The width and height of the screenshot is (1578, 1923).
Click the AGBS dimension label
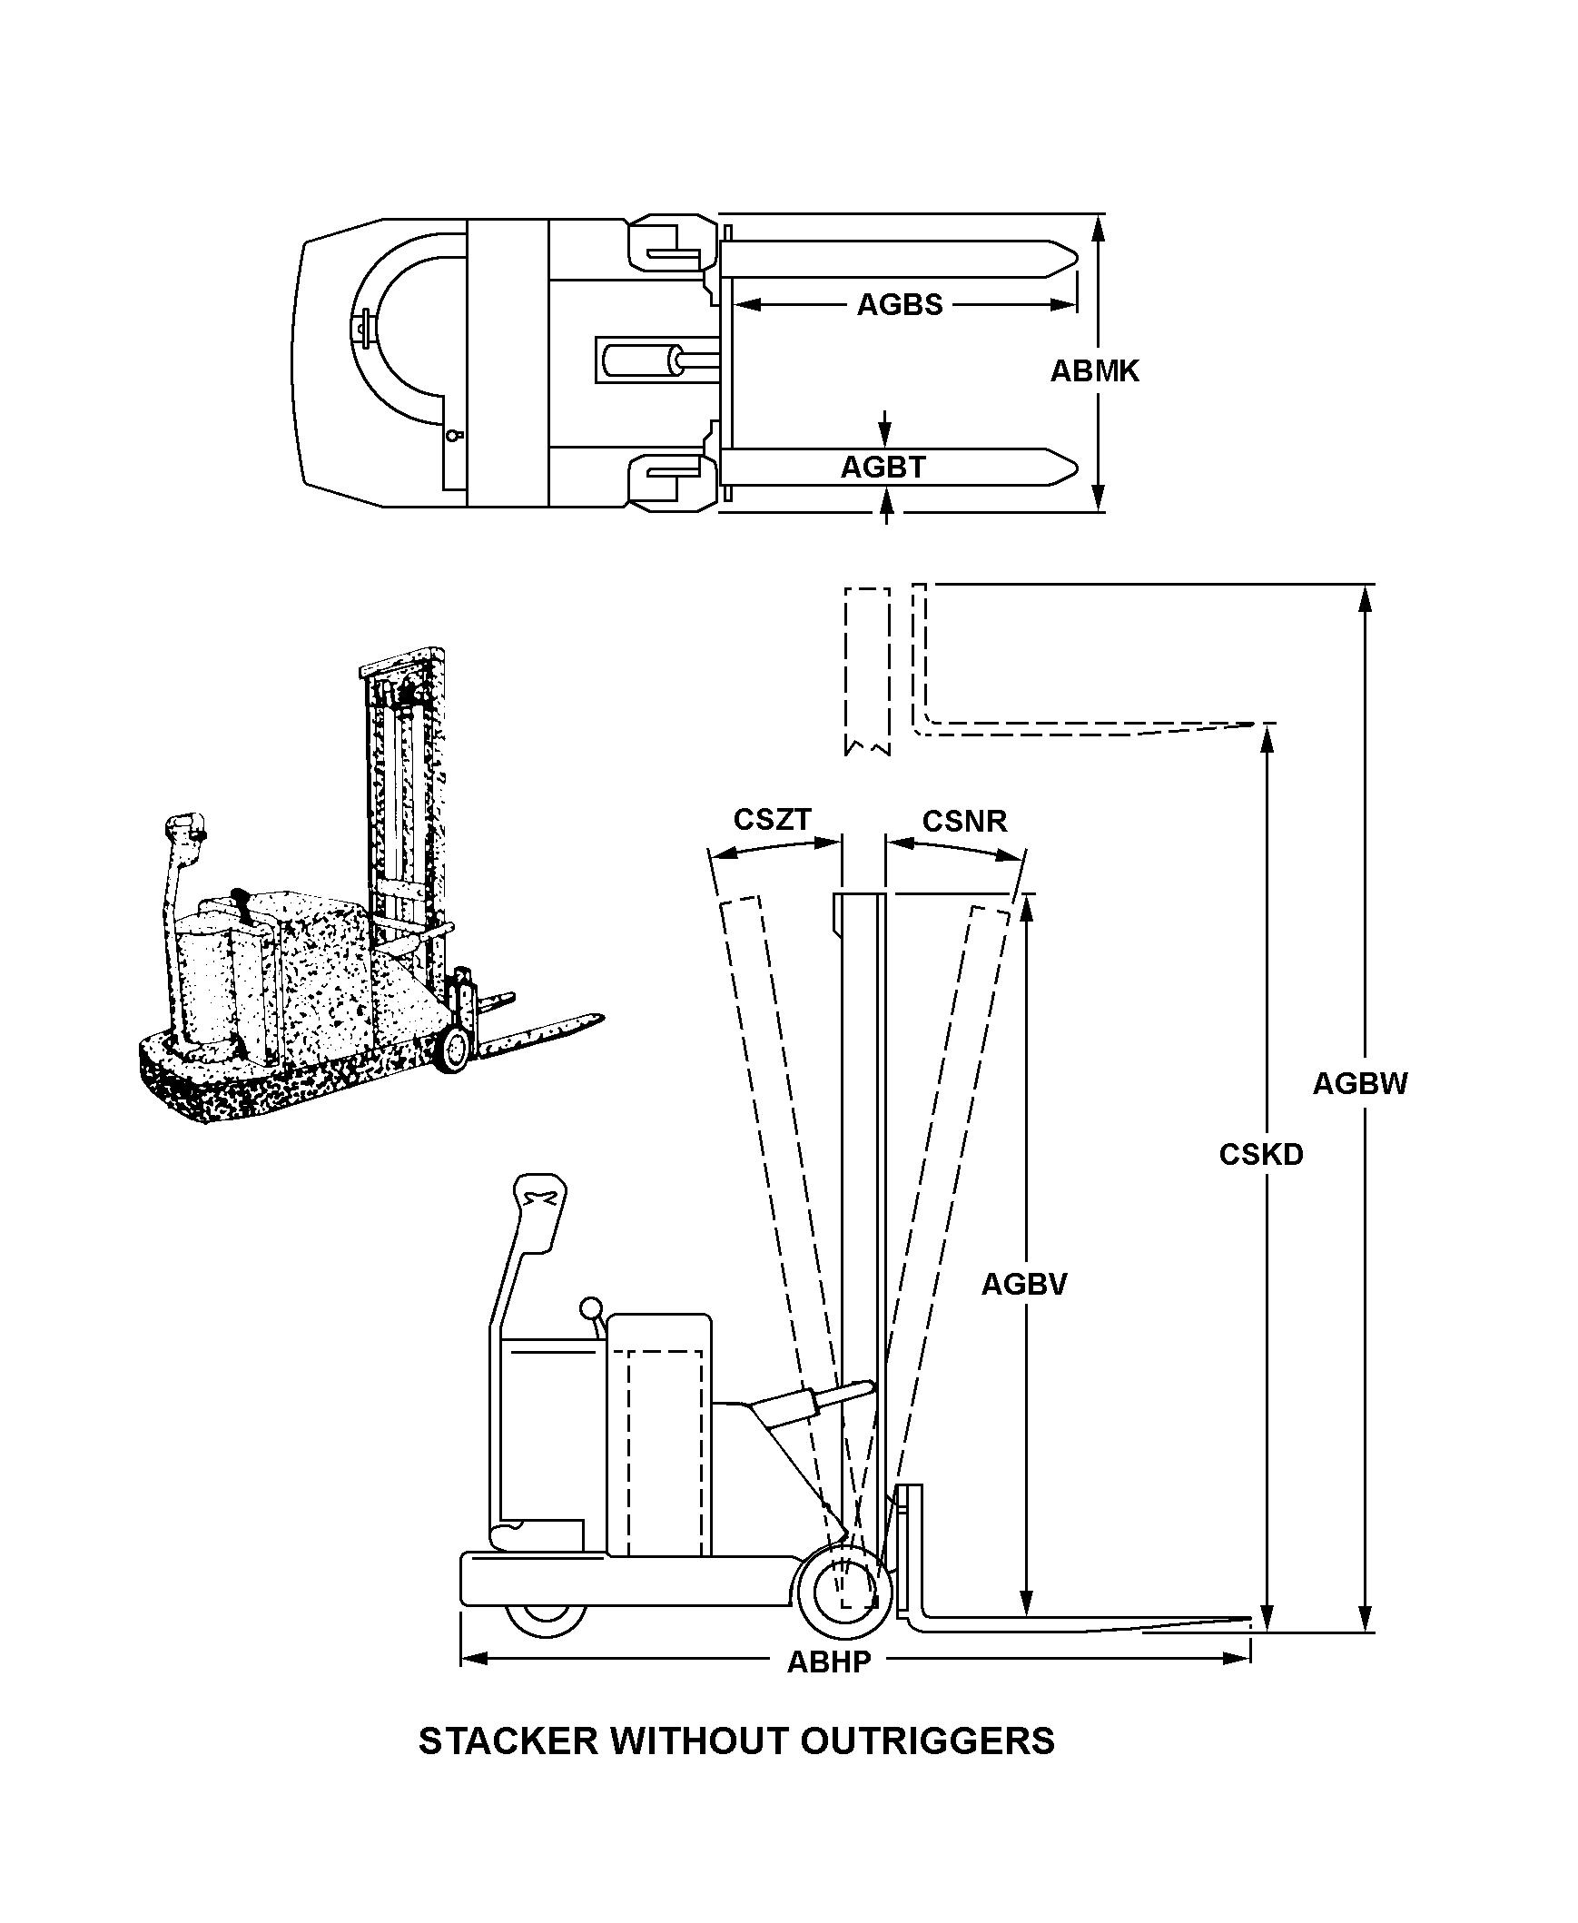[899, 304]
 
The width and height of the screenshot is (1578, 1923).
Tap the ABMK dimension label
[1094, 370]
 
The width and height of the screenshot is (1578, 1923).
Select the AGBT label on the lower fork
[883, 467]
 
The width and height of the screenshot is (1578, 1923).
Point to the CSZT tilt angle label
[772, 820]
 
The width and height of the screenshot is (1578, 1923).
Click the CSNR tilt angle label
[964, 822]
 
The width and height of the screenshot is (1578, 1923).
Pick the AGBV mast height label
[1023, 1284]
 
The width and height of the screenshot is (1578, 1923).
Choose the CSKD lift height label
[1261, 1155]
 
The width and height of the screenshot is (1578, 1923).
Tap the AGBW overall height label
[1360, 1083]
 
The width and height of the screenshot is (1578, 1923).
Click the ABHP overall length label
[829, 1662]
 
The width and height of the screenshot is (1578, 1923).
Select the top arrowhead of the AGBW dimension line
[1364, 599]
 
